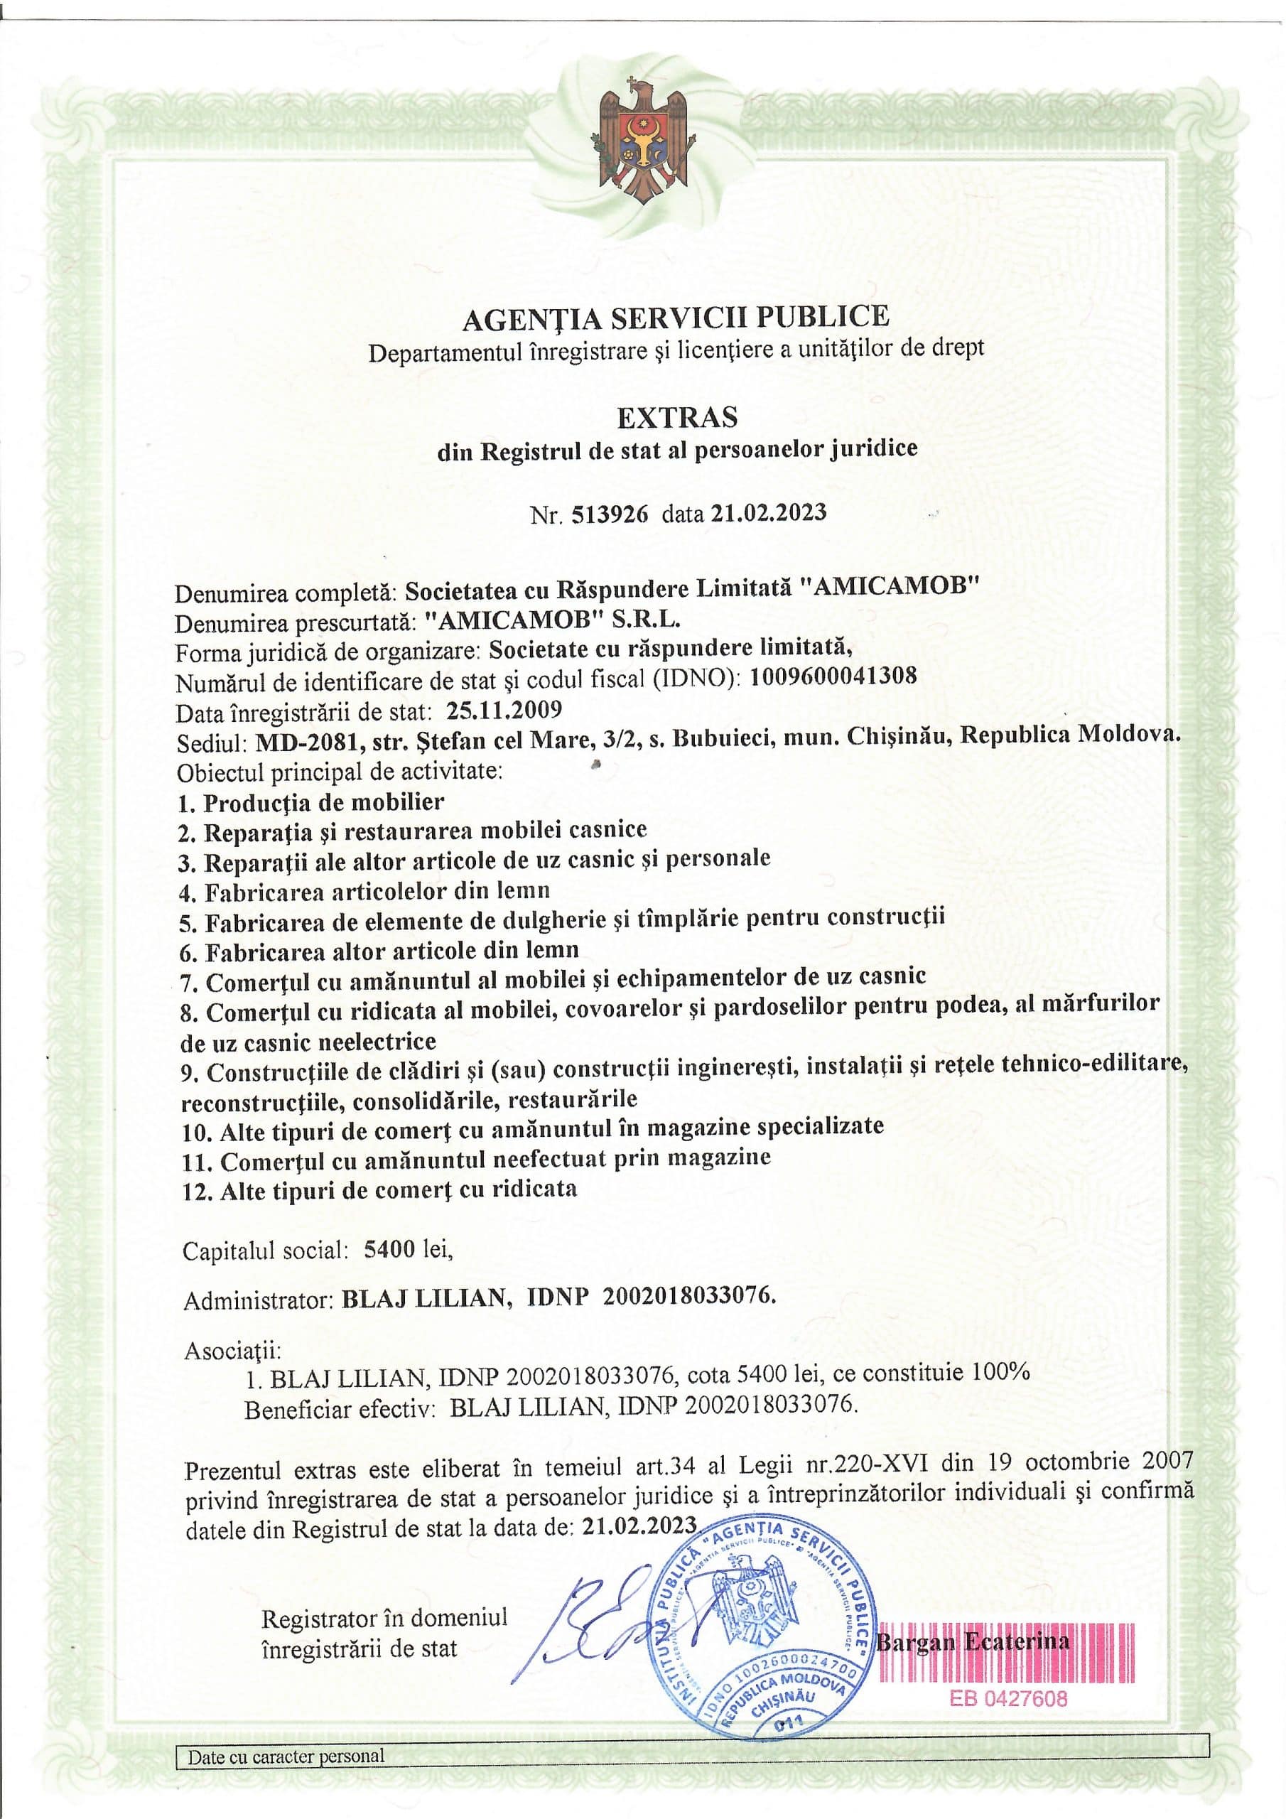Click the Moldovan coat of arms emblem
tap(642, 147)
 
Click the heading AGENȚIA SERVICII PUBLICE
tap(675, 317)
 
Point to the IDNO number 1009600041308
tap(833, 676)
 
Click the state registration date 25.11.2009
tap(504, 708)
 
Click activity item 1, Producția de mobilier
tap(312, 801)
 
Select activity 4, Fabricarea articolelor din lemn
tap(364, 891)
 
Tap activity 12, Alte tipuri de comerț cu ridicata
tap(379, 1189)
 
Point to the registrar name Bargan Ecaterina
tap(972, 1641)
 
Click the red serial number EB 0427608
tap(1008, 1697)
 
